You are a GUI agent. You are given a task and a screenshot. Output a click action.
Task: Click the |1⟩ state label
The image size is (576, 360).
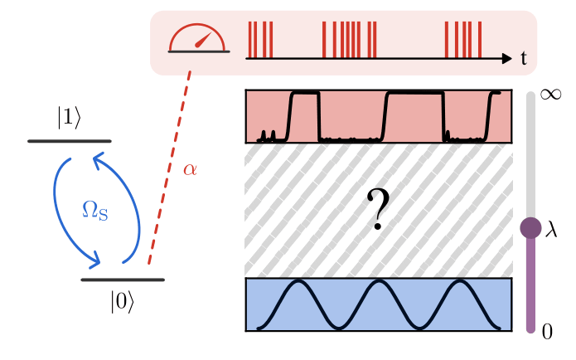coord(70,119)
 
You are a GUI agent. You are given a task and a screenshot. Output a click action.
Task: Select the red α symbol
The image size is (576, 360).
coord(190,171)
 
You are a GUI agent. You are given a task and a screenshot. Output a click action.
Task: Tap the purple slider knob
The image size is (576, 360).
coord(530,228)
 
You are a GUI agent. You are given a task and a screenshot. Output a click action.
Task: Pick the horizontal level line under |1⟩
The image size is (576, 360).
coord(70,141)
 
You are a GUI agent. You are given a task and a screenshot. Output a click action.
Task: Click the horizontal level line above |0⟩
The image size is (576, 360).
coord(123,280)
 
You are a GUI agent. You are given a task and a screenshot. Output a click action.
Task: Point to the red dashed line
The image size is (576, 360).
coord(170,169)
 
